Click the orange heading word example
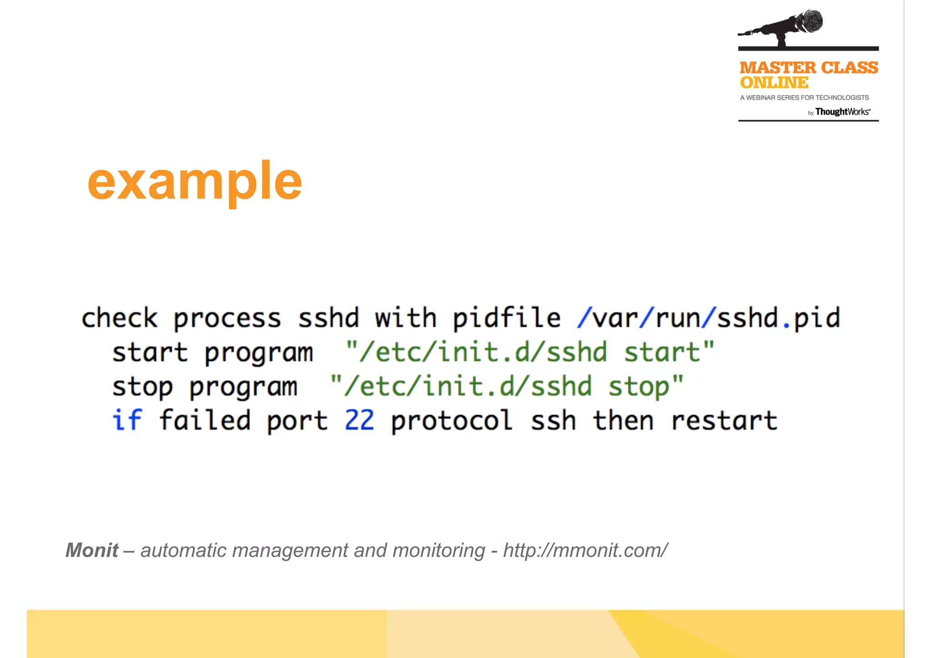click(x=195, y=182)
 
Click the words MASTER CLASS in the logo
click(x=808, y=68)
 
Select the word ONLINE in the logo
click(x=774, y=83)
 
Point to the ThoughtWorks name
click(x=842, y=112)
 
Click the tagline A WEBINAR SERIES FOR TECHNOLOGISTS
click(x=804, y=98)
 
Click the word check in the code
click(x=119, y=318)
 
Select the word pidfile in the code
click(x=506, y=318)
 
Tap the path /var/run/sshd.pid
click(x=708, y=318)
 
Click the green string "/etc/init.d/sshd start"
click(x=530, y=352)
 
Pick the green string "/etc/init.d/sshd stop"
click(x=506, y=387)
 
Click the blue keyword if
click(x=127, y=420)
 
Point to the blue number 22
click(x=359, y=420)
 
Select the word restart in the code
click(x=724, y=420)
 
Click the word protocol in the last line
click(x=451, y=421)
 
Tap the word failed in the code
click(x=205, y=420)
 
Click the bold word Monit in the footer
click(x=92, y=550)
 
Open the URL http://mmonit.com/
click(x=585, y=550)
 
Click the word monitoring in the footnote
click(x=438, y=551)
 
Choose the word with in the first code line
click(x=405, y=318)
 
